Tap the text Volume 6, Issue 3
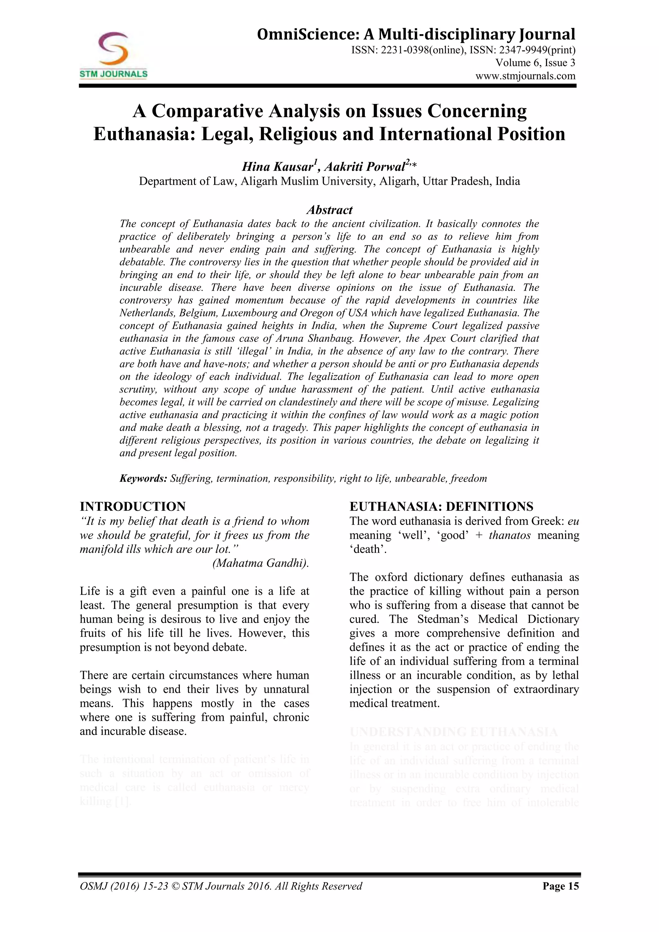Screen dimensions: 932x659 pyautogui.click(x=535, y=63)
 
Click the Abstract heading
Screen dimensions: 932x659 pyautogui.click(x=329, y=210)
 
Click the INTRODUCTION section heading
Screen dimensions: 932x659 pyautogui.click(x=133, y=507)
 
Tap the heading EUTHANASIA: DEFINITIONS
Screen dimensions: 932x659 pyautogui.click(x=441, y=507)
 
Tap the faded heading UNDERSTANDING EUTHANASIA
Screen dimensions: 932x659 pyautogui.click(x=453, y=732)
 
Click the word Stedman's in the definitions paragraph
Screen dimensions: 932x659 pyautogui.click(x=442, y=620)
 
